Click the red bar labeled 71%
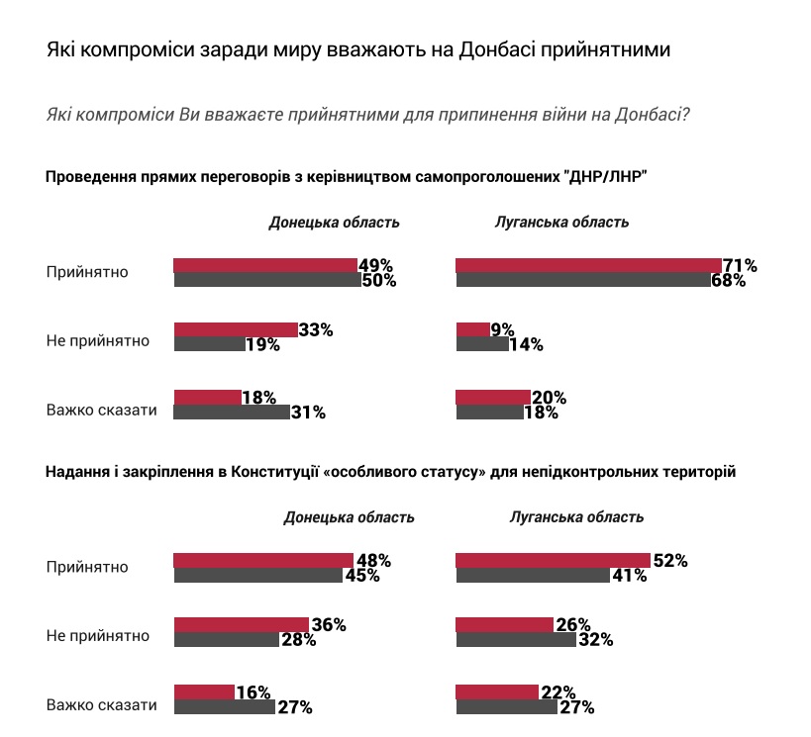pos(588,264)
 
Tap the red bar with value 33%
pos(235,329)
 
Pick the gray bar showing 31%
pos(231,412)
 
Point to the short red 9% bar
pos(471,329)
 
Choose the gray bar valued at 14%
pos(481,344)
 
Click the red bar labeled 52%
pos(552,560)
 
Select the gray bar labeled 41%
pos(532,575)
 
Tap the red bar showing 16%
pos(203,691)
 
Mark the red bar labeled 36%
pos(241,624)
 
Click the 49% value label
pos(375,265)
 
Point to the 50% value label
pos(378,280)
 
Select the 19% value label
pos(262,345)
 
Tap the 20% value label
pos(548,398)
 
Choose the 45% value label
pos(361,576)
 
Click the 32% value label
pos(595,640)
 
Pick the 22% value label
pos(558,692)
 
